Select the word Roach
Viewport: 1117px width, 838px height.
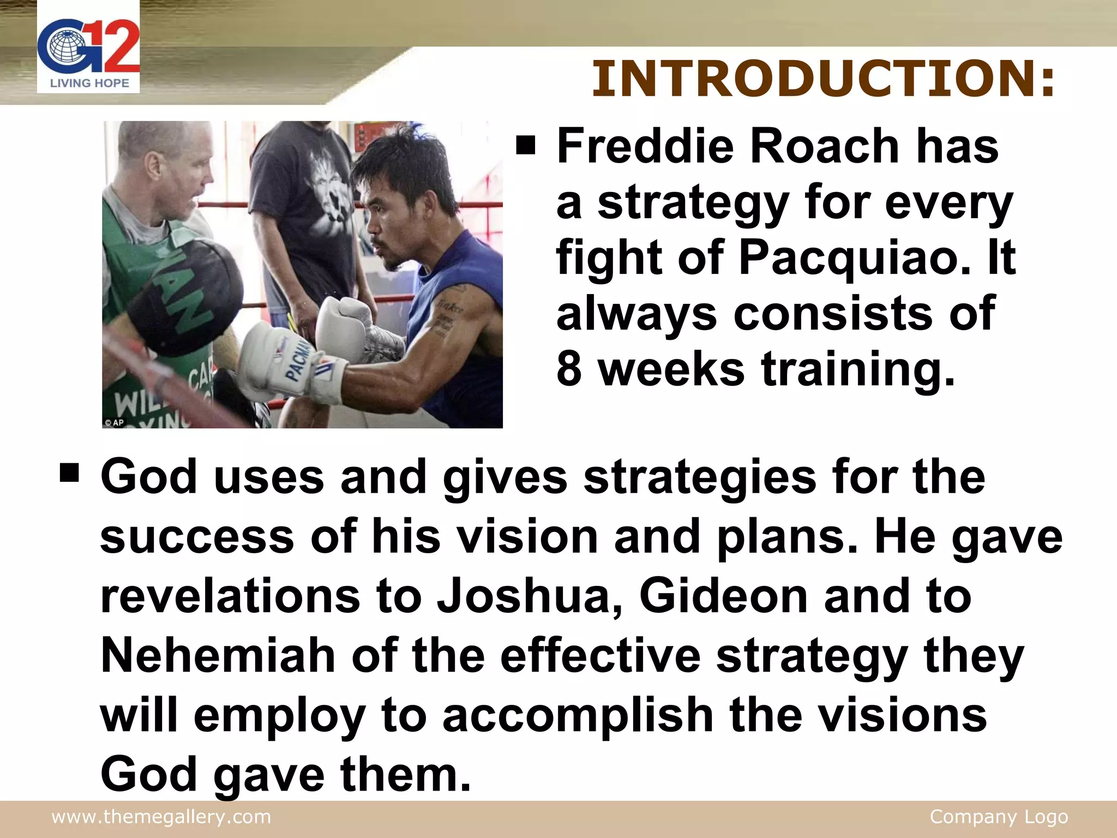824,146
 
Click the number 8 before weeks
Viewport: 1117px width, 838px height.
569,369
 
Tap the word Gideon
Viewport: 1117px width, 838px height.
723,597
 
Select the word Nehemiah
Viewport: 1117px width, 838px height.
218,656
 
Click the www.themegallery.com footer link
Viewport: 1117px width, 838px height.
161,817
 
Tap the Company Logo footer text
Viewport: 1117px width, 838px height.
999,817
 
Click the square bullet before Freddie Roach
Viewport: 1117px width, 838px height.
526,146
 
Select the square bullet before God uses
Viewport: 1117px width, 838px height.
70,472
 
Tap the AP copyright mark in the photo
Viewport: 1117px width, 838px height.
115,422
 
